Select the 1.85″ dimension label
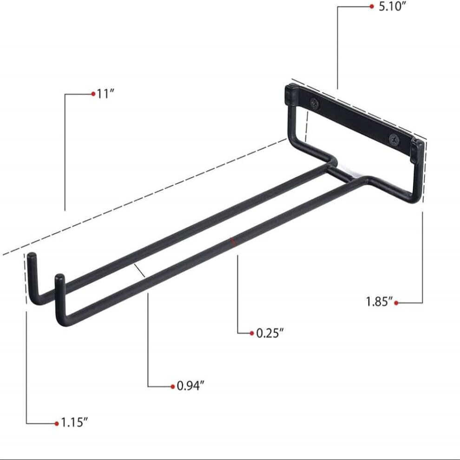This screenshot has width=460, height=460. [379, 302]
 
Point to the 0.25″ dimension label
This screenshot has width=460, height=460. [270, 333]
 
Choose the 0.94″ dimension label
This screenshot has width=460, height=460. [191, 386]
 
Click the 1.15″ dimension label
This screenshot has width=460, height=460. [74, 423]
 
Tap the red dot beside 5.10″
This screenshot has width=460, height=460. [372, 7]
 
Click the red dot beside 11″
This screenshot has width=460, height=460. [93, 94]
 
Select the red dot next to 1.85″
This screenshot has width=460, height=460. [396, 303]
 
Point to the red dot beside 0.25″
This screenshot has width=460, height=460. [252, 333]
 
